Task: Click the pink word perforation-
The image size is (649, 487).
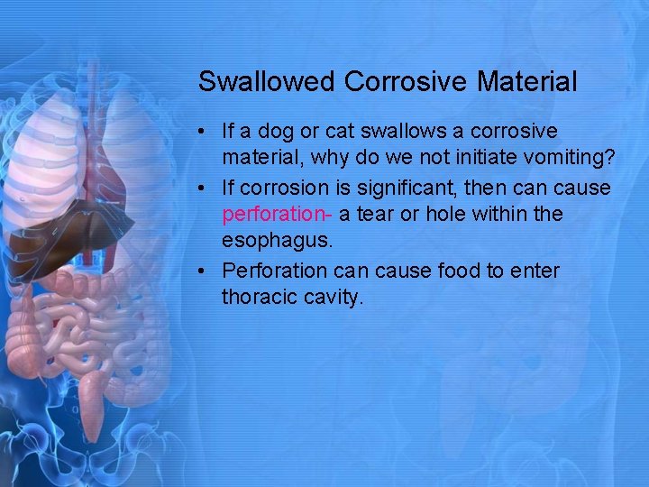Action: (277, 215)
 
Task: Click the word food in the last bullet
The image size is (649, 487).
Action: (462, 271)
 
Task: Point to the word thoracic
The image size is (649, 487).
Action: (257, 298)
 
